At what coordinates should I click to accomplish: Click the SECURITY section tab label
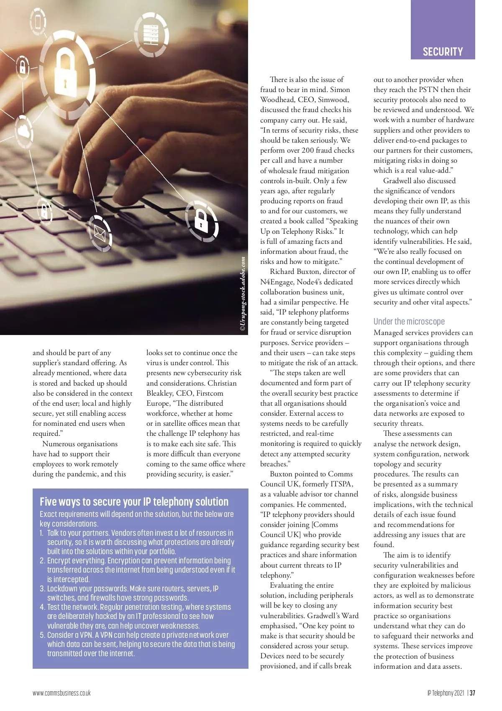click(443, 52)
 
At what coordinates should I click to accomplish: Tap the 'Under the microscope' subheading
click(409, 321)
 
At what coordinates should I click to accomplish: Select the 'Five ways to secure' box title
click(134, 501)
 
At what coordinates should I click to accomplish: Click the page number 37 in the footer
click(472, 693)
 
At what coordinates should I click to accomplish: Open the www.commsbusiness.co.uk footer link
click(61, 693)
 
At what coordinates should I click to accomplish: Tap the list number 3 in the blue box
click(42, 588)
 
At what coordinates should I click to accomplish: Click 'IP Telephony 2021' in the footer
click(446, 693)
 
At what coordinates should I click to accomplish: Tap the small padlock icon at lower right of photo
click(201, 221)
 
